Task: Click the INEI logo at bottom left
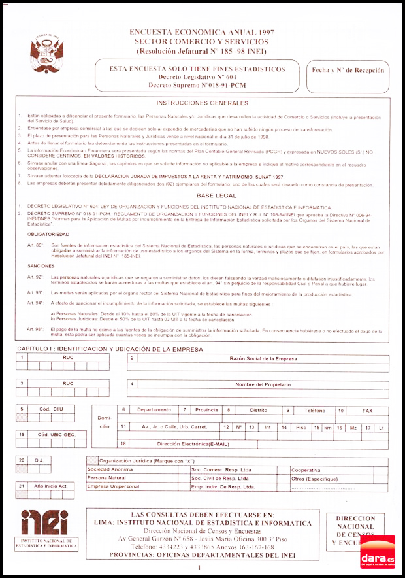click(44, 523)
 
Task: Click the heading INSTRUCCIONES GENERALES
click(202, 103)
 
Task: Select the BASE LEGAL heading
click(202, 195)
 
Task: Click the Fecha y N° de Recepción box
click(348, 70)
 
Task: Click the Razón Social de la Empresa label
click(263, 358)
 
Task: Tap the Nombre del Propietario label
click(263, 384)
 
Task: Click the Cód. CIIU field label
click(51, 409)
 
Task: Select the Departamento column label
click(154, 410)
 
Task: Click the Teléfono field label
click(314, 410)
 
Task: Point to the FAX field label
click(368, 410)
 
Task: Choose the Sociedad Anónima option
click(110, 469)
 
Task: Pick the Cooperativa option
click(306, 469)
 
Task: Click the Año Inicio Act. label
click(51, 486)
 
